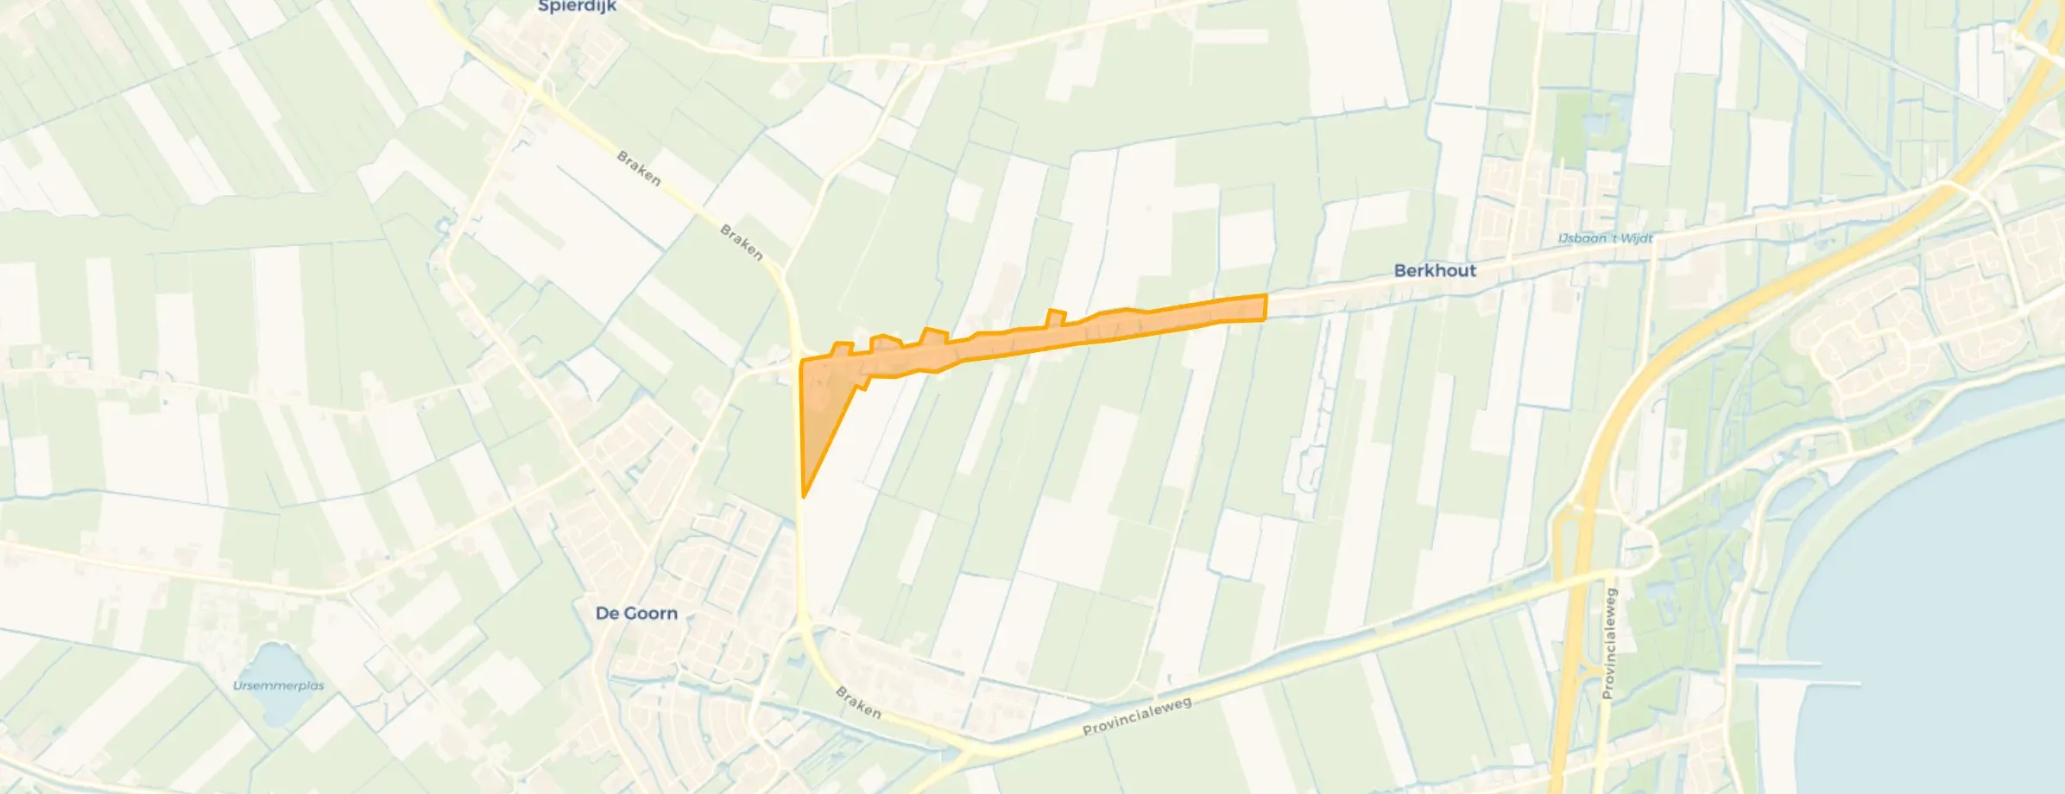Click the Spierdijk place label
pos(577,7)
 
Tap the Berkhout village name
pos(1435,270)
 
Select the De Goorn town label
pos(636,614)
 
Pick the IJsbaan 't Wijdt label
pos(1605,238)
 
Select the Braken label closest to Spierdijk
pos(639,167)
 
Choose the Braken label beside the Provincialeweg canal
pos(858,703)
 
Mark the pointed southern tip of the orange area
pos(804,496)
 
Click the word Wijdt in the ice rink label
pos(1635,238)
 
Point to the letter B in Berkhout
pos(1400,270)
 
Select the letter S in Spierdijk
pos(544,7)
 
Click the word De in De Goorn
pos(606,614)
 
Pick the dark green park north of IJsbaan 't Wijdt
pos(1571,129)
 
